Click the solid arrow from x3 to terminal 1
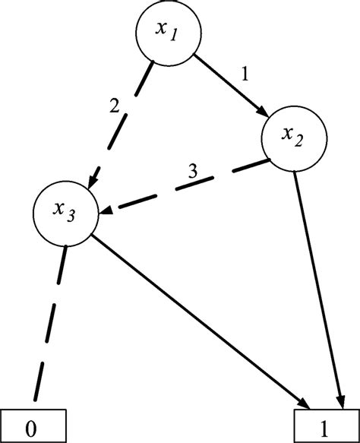click(x=197, y=319)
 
